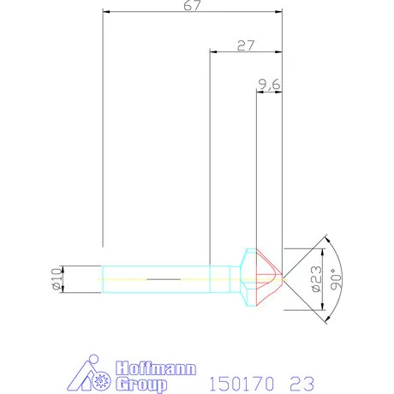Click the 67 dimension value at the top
pyautogui.click(x=191, y=7)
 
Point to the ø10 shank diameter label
pyautogui.click(x=57, y=279)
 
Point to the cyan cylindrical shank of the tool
pyautogui.click(x=158, y=278)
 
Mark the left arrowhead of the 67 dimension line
pyautogui.click(x=105, y=13)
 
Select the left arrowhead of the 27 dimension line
pyautogui.click(x=214, y=51)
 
